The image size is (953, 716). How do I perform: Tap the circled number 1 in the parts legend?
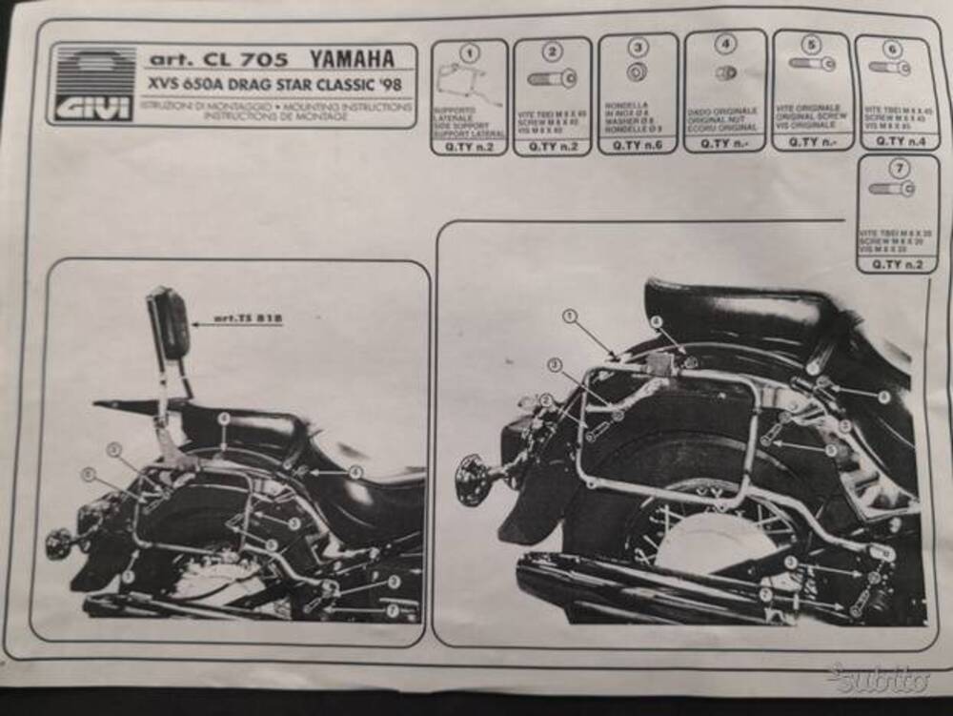pyautogui.click(x=468, y=53)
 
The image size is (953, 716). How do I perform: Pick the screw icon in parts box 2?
pyautogui.click(x=552, y=78)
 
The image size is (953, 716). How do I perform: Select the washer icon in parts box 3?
pyautogui.click(x=637, y=72)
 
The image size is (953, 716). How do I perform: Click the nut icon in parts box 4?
pyautogui.click(x=725, y=72)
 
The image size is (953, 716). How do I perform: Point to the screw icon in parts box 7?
pyautogui.click(x=892, y=189)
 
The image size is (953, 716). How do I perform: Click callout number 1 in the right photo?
pyautogui.click(x=570, y=316)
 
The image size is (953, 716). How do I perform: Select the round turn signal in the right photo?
pyautogui.click(x=474, y=480)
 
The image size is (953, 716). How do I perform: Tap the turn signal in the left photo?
pyautogui.click(x=58, y=545)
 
